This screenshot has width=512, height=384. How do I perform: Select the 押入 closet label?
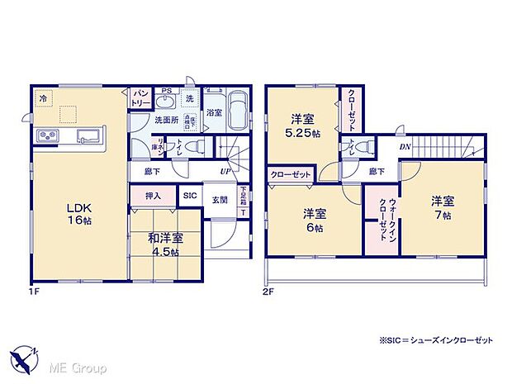click(x=153, y=196)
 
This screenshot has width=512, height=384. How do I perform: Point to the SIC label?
click(x=190, y=196)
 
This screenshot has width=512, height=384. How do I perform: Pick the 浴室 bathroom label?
click(x=214, y=111)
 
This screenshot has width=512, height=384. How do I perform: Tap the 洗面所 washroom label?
click(x=166, y=120)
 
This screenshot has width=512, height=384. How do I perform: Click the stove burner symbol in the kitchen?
click(x=47, y=135)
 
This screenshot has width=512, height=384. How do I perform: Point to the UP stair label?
click(x=225, y=172)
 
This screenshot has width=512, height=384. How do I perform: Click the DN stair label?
click(x=405, y=147)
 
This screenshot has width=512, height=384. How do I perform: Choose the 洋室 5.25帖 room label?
click(x=303, y=124)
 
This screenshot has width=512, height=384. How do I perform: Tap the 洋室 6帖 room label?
click(x=313, y=219)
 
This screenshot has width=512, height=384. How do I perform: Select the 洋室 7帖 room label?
click(x=442, y=206)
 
